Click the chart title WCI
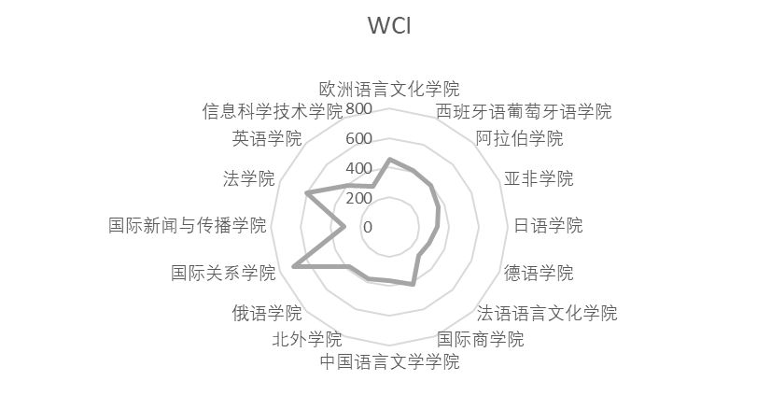(389, 26)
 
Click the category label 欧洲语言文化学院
(389, 90)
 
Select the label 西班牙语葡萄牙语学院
(524, 112)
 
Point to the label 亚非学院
(539, 178)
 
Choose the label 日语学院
(548, 226)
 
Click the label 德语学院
(539, 274)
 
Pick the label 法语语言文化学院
(546, 312)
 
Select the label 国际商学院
(480, 338)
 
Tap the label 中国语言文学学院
(389, 361)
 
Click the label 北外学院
(306, 338)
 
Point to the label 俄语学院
(267, 312)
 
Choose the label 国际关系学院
(224, 274)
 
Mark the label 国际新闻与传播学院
(188, 226)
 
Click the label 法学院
(249, 178)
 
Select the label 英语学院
(267, 139)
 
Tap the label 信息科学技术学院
(273, 112)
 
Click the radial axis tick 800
(358, 109)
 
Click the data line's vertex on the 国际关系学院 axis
(294, 267)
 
